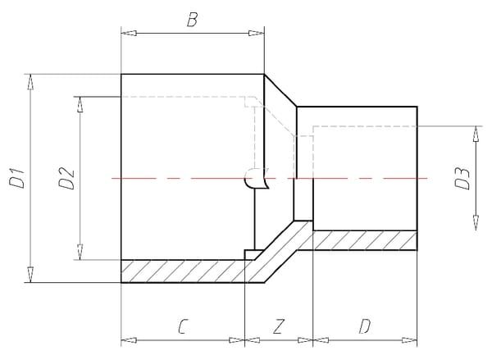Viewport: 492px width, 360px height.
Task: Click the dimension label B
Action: click(192, 20)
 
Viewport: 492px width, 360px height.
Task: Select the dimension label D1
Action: click(17, 178)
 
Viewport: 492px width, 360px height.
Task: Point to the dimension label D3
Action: click(463, 178)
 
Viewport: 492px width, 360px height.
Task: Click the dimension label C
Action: click(184, 326)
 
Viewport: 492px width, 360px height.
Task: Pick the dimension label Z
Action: click(279, 326)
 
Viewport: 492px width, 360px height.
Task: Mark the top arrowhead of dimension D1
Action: click(31, 80)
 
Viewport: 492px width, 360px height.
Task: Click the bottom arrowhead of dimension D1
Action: click(31, 276)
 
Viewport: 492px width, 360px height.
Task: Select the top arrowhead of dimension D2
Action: click(80, 102)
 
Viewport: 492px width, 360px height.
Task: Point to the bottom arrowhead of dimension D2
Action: click(80, 254)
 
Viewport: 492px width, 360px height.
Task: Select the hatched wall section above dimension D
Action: click(365, 239)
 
